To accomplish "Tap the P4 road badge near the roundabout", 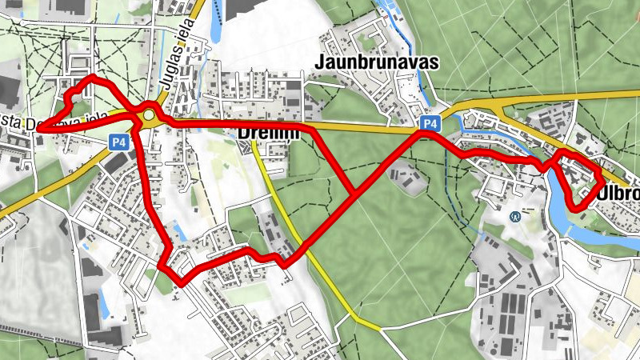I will [x=118, y=142].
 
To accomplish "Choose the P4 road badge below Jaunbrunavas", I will [x=430, y=123].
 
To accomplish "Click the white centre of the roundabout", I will [x=149, y=118].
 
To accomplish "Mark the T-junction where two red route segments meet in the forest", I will [x=354, y=193].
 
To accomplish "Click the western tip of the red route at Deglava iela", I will [x=38, y=127].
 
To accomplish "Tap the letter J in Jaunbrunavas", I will [x=322, y=62].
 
